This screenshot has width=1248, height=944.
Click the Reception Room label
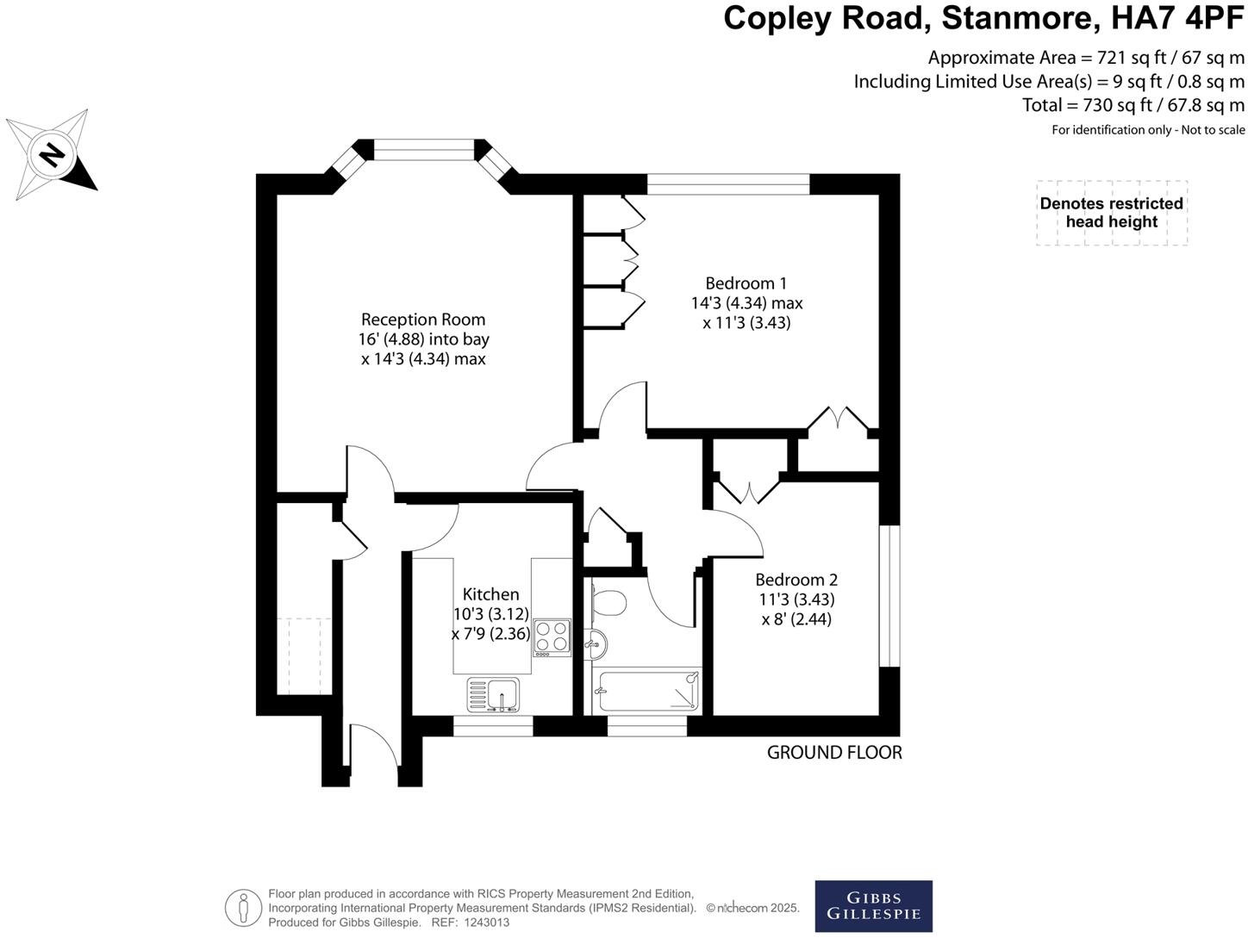422,320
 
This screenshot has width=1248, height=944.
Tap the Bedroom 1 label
746,283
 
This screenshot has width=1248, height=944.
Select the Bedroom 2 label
796,580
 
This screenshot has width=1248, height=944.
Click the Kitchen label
490,594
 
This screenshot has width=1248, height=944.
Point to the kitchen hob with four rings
552,637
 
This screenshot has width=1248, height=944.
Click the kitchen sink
494,693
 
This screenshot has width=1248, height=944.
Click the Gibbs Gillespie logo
873,906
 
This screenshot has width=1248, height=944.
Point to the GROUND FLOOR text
834,753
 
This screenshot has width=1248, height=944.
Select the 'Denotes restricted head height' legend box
1111,213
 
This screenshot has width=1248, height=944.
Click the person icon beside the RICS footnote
243,908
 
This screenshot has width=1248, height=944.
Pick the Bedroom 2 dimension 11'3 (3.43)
796,599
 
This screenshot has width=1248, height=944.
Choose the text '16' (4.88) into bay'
423,339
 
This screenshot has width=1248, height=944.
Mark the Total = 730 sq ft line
1133,105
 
